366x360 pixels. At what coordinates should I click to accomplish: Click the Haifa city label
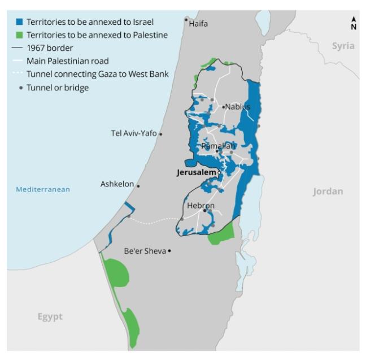pos(198,24)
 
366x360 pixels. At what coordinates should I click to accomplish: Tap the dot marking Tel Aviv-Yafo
pos(161,134)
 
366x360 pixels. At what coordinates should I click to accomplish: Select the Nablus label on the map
pos(237,107)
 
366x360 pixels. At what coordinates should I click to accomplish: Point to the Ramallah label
pos(218,146)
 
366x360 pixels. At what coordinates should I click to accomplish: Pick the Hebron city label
pos(201,206)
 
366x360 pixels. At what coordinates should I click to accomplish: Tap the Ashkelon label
pos(117,184)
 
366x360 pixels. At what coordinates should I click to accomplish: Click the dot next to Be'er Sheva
pos(169,251)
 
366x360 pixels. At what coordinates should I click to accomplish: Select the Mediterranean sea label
pos(43,189)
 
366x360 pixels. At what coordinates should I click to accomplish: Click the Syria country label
pos(343,46)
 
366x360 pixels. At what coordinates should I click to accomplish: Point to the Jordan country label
pos(328,192)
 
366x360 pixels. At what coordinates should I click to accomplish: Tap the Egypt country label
pos(50,316)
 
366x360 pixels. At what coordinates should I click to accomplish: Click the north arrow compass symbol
pos(354,23)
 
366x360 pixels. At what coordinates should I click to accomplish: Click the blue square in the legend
pos(19,22)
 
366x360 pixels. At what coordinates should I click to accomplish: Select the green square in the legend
pos(19,35)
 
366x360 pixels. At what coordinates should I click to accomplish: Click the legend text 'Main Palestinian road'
pos(67,61)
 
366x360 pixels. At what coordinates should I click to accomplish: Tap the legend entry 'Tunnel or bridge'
pos(58,88)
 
